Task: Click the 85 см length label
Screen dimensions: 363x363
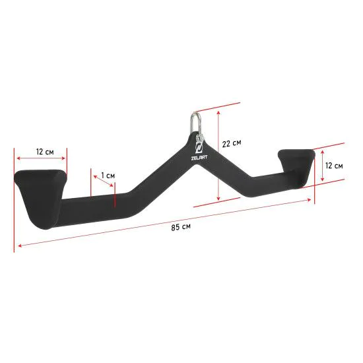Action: pyautogui.click(x=181, y=227)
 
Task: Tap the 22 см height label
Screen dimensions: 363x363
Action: pyautogui.click(x=232, y=143)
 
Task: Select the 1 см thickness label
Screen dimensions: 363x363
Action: pyautogui.click(x=108, y=176)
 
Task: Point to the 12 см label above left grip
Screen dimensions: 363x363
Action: pyautogui.click(x=45, y=152)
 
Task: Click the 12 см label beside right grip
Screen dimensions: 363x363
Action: pyautogui.click(x=334, y=166)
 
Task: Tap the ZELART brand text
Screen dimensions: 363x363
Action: pyautogui.click(x=199, y=158)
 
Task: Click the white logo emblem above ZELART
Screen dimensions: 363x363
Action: pyautogui.click(x=199, y=148)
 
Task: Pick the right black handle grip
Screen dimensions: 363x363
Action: pyautogui.click(x=297, y=167)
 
